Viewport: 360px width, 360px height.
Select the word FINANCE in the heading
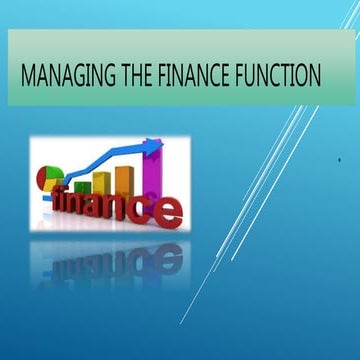pyautogui.click(x=196, y=75)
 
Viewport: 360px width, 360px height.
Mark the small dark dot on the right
pyautogui.click(x=340, y=159)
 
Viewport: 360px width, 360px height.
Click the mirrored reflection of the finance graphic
pyautogui.click(x=110, y=255)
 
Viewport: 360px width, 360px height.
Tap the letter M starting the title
pyautogui.click(x=27, y=75)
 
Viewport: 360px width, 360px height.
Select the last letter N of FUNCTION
pyautogui.click(x=317, y=75)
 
